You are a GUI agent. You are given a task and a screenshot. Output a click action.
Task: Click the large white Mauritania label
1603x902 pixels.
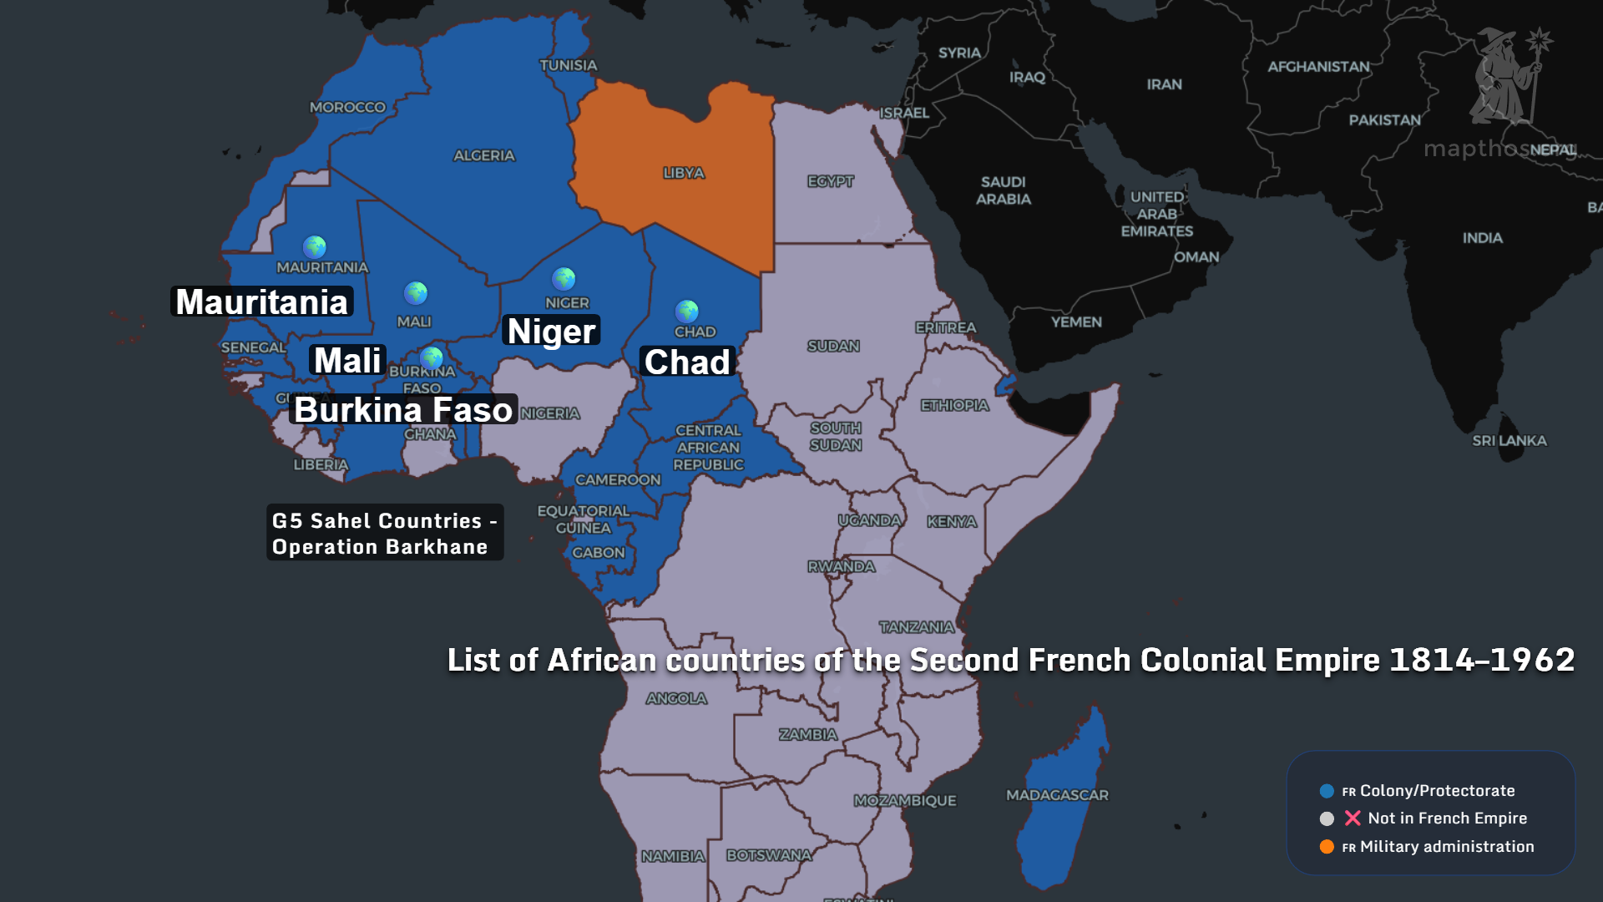pos(262,302)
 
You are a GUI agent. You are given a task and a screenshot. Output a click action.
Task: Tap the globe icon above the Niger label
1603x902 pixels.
pos(564,278)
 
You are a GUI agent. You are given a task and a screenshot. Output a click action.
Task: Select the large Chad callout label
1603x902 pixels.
pos(687,362)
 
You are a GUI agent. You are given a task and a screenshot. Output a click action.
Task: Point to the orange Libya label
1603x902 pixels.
pos(684,173)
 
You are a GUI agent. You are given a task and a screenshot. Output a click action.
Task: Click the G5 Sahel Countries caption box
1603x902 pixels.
pos(384,533)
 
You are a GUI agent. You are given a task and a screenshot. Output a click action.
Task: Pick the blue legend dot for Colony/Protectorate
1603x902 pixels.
pos(1327,791)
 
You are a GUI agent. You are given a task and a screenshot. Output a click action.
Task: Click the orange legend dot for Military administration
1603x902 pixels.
pos(1327,847)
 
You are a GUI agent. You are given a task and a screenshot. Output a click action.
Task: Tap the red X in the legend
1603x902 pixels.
pos(1353,818)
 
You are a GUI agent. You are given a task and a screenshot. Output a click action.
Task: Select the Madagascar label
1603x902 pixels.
pos(1057,795)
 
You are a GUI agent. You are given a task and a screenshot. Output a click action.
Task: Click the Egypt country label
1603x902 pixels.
pos(830,181)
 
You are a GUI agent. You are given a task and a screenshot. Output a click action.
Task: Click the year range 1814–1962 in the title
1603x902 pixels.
pos(1482,660)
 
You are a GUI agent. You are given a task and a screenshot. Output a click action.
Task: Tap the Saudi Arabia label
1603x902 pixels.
pos(1003,190)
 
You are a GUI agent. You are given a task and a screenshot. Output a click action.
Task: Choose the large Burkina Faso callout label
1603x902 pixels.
pos(403,409)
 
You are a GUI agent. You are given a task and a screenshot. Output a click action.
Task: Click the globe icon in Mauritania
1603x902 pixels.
pos(315,246)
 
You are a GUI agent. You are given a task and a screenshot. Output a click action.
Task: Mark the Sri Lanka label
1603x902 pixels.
pos(1509,440)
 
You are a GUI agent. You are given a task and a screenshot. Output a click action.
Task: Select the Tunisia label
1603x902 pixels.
pos(568,65)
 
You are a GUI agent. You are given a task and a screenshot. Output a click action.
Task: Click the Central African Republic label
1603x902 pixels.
pos(708,447)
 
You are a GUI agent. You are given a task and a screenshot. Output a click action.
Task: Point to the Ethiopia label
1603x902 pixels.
pos(954,405)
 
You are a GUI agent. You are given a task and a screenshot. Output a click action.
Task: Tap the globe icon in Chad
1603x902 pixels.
pos(686,312)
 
